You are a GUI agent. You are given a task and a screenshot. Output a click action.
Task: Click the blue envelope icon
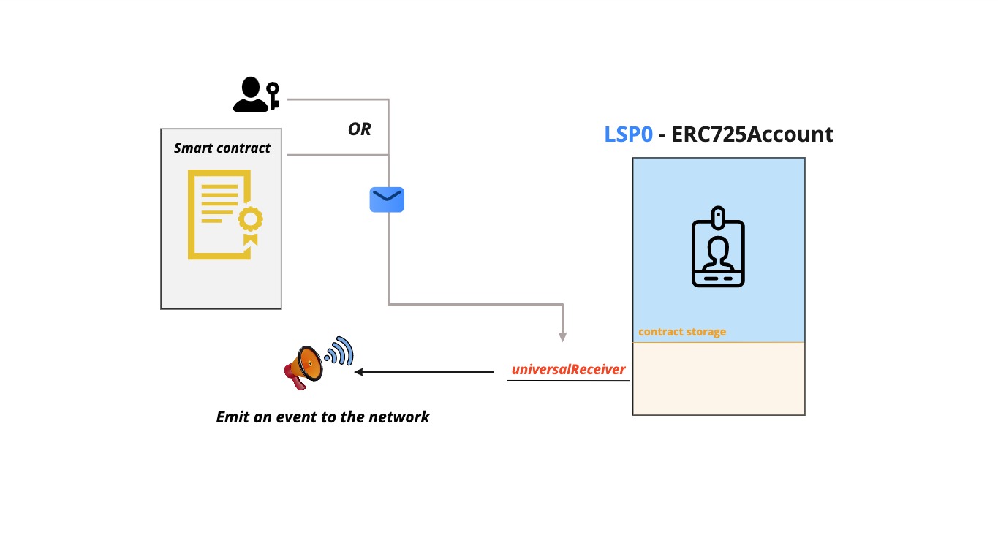point(387,200)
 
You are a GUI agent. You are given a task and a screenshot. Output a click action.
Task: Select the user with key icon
point(255,95)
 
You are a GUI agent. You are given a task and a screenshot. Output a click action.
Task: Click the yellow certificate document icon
point(224,214)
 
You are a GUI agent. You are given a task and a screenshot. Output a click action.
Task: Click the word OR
point(359,129)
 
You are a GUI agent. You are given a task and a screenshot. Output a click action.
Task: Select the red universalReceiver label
point(568,369)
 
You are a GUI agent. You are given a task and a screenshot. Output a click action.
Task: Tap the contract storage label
point(681,332)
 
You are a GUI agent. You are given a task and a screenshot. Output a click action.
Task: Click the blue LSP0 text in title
point(628,134)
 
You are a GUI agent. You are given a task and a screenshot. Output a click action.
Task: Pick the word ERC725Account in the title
point(753,134)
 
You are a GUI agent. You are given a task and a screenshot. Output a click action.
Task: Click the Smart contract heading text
point(222,148)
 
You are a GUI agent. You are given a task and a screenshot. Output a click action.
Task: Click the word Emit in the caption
point(233,417)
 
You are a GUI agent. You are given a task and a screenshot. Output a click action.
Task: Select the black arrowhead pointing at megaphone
point(359,372)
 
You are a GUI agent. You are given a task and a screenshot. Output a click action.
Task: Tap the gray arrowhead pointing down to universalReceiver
point(562,337)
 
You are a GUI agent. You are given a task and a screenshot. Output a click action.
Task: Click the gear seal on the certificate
point(252,219)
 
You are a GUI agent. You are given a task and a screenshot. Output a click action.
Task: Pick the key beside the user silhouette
point(273,95)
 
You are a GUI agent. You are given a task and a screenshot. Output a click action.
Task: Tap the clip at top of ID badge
point(719,217)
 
